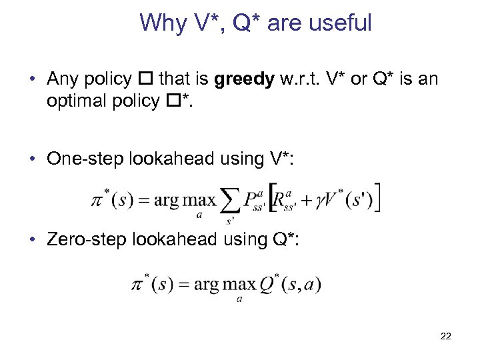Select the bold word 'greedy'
pos(245,79)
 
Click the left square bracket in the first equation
pos(273,198)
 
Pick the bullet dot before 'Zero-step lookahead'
pos(33,239)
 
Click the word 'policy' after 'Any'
pos(111,79)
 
